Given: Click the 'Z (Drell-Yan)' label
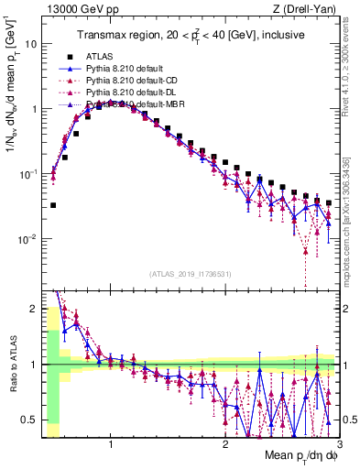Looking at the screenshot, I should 306,9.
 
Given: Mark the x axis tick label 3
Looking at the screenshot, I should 338,444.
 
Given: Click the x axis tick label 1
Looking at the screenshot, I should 111,444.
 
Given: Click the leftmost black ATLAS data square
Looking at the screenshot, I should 53,205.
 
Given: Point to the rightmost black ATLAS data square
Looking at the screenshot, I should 329,203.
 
